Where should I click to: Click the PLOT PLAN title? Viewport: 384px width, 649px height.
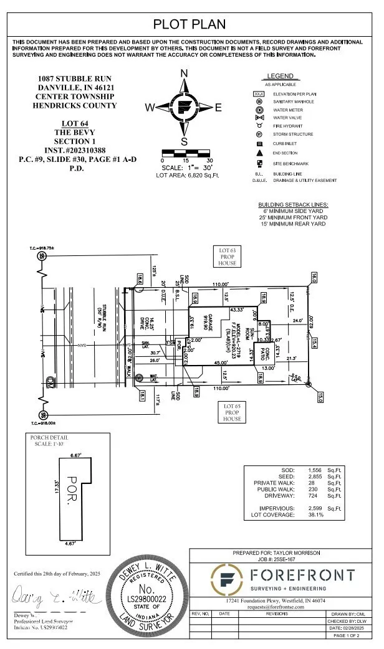coord(191,24)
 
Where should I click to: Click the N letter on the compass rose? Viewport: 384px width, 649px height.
coord(184,73)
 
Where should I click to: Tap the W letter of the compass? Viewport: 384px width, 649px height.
coord(150,107)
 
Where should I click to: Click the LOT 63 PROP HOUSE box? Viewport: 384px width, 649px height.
coord(228,257)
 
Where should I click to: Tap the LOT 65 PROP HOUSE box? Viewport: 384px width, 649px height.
coord(232,412)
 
